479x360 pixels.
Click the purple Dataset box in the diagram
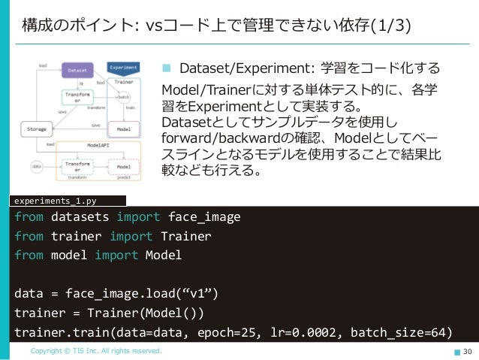77,70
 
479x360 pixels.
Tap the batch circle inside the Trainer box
124,98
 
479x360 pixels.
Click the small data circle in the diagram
35,165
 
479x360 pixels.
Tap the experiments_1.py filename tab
56,200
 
